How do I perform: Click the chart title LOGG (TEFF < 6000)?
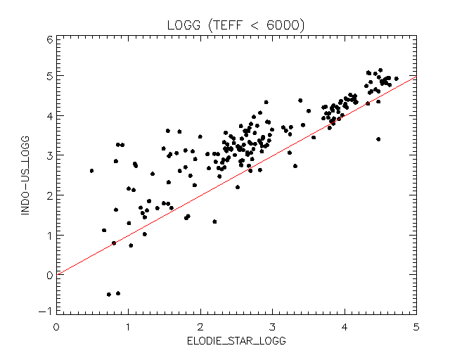coord(235,25)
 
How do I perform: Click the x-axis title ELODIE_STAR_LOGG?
coord(236,341)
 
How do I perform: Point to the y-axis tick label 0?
coord(48,275)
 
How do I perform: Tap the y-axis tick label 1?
coord(48,236)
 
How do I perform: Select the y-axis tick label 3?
coord(48,155)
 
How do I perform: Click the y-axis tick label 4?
coord(48,115)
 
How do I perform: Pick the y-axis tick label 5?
coord(48,76)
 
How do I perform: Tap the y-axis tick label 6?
coord(48,39)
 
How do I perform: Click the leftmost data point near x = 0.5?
coord(91,171)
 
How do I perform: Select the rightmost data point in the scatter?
coord(397,79)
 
